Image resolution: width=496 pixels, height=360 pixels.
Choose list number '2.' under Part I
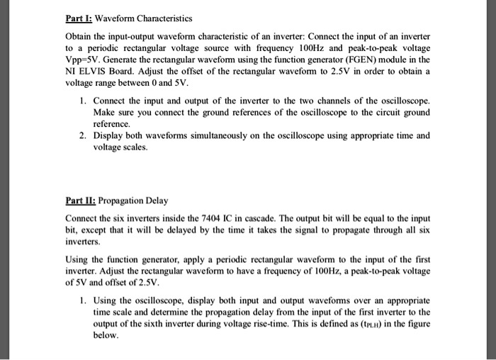pyautogui.click(x=84, y=135)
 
